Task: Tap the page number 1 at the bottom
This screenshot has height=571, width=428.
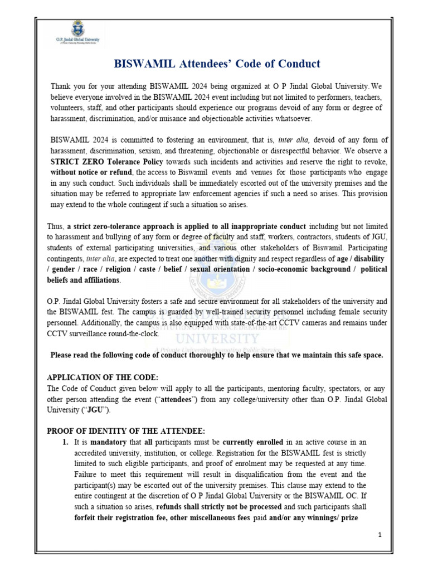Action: (x=380, y=535)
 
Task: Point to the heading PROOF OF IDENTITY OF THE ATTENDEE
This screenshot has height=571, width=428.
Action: (x=126, y=430)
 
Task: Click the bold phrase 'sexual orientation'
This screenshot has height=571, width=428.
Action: (x=220, y=269)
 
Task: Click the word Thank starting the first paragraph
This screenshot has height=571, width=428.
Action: (x=62, y=86)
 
